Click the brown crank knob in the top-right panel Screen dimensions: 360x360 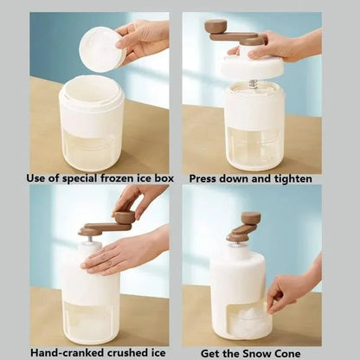215,27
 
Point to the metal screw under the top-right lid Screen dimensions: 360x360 254,84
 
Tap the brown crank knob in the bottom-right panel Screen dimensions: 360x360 250,218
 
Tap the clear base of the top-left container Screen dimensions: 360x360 91,147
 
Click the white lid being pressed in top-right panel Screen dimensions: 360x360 252,67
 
